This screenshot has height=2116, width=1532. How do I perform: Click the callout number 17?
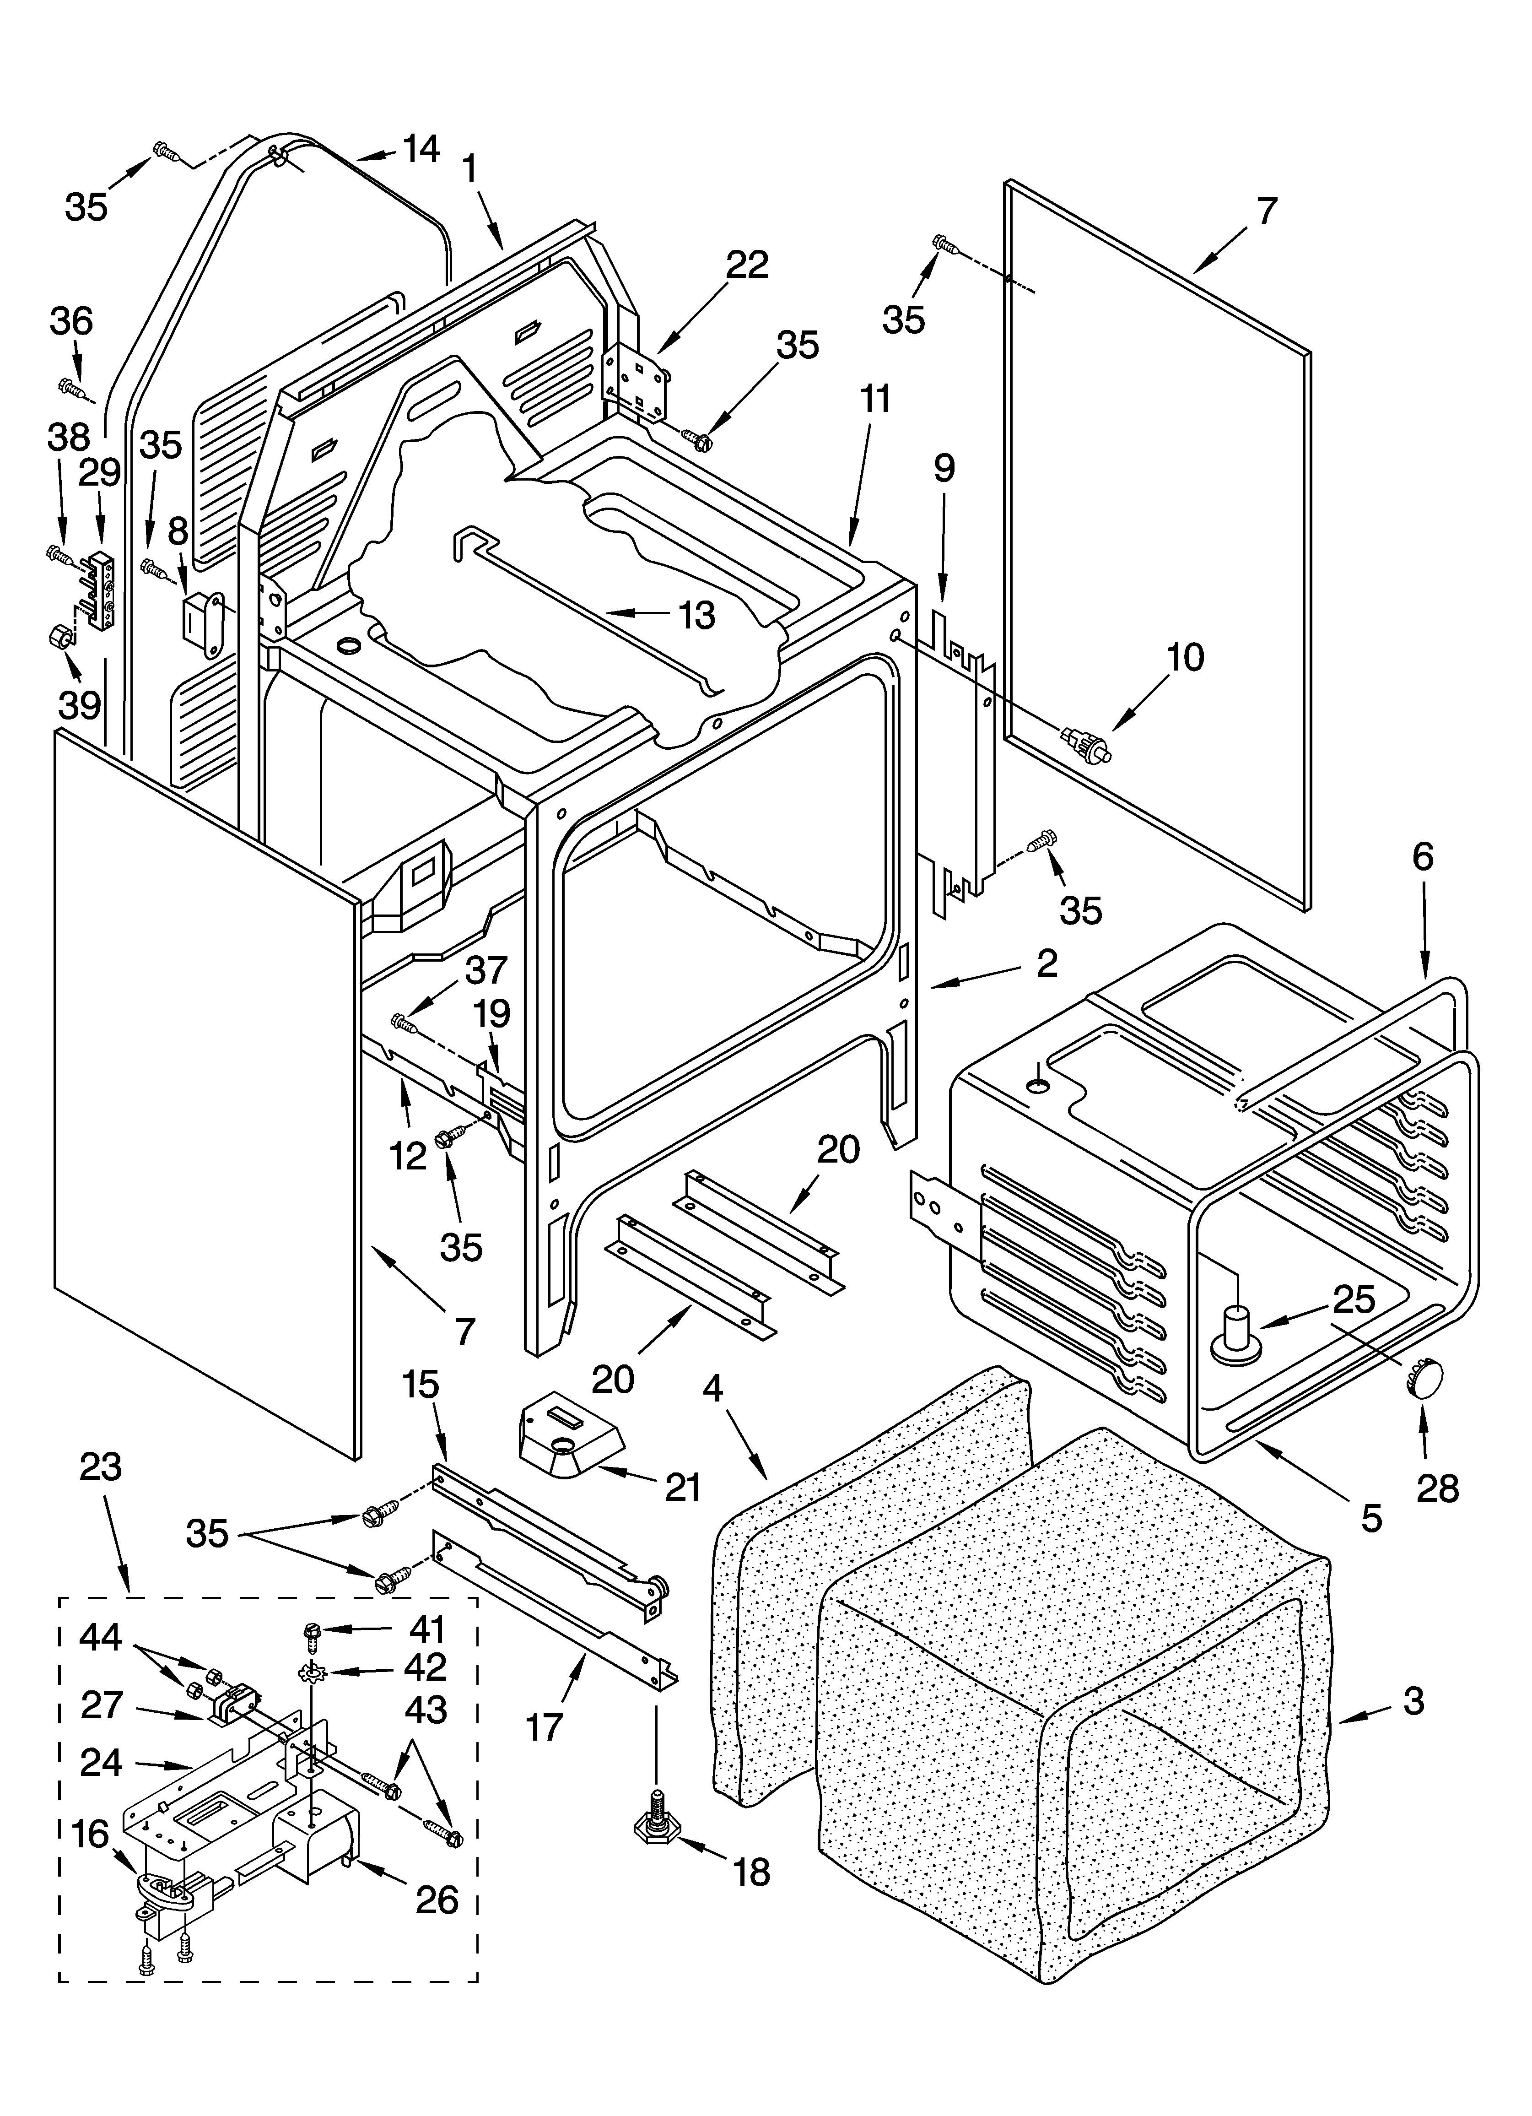click(x=544, y=1726)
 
